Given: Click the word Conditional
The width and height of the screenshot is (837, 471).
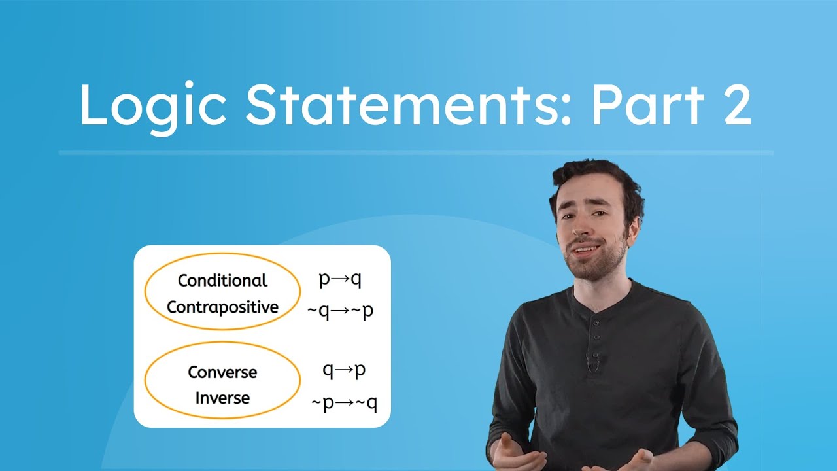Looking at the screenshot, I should coord(222,281).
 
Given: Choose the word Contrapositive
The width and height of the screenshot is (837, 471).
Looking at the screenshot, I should coord(222,307).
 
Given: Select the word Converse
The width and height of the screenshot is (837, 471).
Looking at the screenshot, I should coord(222,372).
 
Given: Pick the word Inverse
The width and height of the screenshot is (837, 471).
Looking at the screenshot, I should coord(222,398).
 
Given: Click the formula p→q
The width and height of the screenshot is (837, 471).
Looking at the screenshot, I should coord(340,280).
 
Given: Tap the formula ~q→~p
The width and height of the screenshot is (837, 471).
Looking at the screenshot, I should coord(340,310).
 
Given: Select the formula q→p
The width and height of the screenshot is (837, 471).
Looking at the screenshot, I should coord(344,370).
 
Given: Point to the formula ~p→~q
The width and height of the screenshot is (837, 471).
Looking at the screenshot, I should coord(344,403).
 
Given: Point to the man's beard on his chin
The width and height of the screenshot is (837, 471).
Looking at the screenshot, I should coord(592,268).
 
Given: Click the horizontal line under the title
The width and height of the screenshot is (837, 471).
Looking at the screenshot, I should coord(416,153).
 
